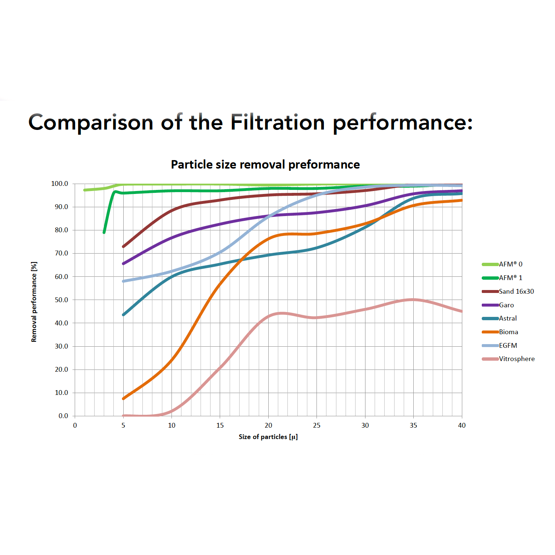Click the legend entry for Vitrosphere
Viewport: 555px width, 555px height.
pyautogui.click(x=516, y=359)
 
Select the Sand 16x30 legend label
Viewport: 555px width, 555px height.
pyautogui.click(x=516, y=291)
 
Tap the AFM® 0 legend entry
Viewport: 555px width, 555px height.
pyautogui.click(x=510, y=264)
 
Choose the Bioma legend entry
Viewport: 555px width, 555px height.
pyautogui.click(x=508, y=332)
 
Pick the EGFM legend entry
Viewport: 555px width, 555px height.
pyautogui.click(x=508, y=346)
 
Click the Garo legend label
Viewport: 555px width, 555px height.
pyautogui.click(x=506, y=305)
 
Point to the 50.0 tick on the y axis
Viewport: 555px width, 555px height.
pyautogui.click(x=61, y=300)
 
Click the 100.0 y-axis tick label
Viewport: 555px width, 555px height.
pyautogui.click(x=60, y=184)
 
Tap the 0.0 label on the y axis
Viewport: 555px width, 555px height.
pyautogui.click(x=63, y=416)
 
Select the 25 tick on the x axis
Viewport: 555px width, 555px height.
pyautogui.click(x=317, y=425)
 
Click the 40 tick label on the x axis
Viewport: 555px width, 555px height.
pyautogui.click(x=462, y=425)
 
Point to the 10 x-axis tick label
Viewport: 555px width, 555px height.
pyautogui.click(x=172, y=425)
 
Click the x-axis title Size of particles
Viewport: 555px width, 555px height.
pyautogui.click(x=268, y=437)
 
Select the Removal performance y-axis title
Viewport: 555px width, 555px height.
pyautogui.click(x=34, y=302)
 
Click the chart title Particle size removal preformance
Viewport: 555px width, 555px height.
pyautogui.click(x=265, y=165)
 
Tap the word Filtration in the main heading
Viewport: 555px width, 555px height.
pyautogui.click(x=277, y=123)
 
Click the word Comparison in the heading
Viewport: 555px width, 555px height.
pyautogui.click(x=91, y=123)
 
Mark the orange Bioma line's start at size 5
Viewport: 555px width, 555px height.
pyautogui.click(x=123, y=399)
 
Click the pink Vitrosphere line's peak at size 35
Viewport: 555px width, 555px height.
pyautogui.click(x=413, y=300)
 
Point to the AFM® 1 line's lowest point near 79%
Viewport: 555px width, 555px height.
pyautogui.click(x=104, y=232)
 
